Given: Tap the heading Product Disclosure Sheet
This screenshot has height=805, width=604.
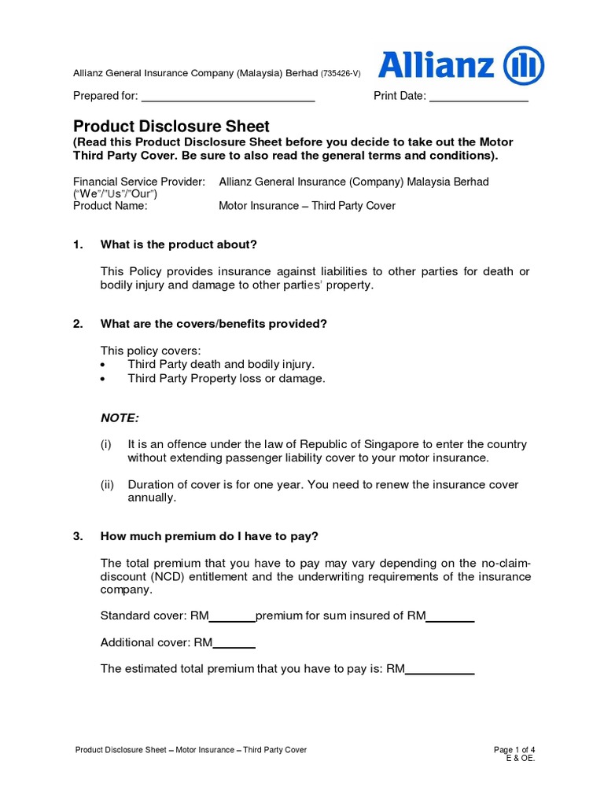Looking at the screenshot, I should click(171, 126).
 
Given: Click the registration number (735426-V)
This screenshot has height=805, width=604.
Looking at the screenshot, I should click(341, 73).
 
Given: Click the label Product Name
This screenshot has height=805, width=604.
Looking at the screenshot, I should click(110, 206).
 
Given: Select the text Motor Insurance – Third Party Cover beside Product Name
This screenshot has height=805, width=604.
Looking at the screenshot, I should click(307, 206).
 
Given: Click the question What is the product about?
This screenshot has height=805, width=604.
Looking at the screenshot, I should click(179, 244).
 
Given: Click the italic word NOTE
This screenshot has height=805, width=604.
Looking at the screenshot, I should click(120, 417).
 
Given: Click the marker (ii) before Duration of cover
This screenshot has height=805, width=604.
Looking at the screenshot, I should click(108, 485).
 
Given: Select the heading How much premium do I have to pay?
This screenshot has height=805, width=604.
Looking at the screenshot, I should click(209, 536).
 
